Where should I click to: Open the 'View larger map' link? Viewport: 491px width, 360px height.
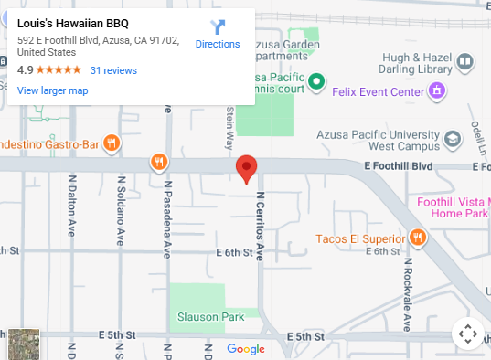pyautogui.click(x=52, y=90)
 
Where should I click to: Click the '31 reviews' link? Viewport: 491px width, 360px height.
pyautogui.click(x=113, y=70)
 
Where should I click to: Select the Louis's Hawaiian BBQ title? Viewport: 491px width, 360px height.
pyautogui.click(x=73, y=24)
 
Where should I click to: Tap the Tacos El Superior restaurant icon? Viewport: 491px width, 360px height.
pyautogui.click(x=418, y=238)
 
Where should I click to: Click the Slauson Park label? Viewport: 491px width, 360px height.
pyautogui.click(x=208, y=317)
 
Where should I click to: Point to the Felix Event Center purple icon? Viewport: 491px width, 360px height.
pyautogui.click(x=438, y=90)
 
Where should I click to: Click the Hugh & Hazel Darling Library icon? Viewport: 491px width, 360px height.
pyautogui.click(x=465, y=62)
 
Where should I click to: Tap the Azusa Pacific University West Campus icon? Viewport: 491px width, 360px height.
pyautogui.click(x=452, y=139)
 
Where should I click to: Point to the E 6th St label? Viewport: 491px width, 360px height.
pyautogui.click(x=233, y=251)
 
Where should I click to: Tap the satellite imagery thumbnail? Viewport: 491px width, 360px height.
pyautogui.click(x=24, y=344)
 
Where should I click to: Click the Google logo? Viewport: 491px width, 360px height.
pyautogui.click(x=246, y=348)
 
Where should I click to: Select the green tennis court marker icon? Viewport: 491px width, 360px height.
pyautogui.click(x=316, y=82)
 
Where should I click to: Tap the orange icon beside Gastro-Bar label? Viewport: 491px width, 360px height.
pyautogui.click(x=111, y=142)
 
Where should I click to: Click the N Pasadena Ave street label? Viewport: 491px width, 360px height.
pyautogui.click(x=168, y=219)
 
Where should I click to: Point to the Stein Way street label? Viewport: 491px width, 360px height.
pyautogui.click(x=229, y=129)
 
